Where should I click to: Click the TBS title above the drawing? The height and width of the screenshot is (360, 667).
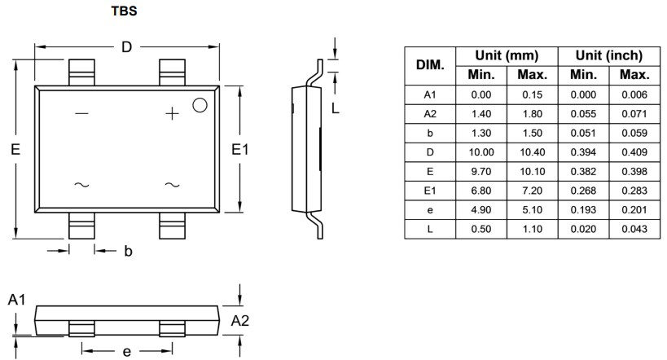click(125, 13)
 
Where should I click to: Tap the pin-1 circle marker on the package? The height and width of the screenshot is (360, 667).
click(200, 105)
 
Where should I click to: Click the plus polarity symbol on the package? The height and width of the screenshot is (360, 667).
click(172, 114)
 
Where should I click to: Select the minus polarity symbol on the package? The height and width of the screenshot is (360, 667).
click(81, 114)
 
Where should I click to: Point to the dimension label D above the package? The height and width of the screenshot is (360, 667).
click(126, 47)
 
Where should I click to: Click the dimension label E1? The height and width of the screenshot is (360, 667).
click(239, 149)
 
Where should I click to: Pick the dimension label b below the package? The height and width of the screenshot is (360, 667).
click(128, 252)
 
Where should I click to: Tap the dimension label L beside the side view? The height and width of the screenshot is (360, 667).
click(335, 107)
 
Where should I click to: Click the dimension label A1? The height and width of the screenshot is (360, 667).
click(17, 301)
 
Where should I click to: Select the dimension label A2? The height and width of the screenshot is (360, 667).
click(240, 320)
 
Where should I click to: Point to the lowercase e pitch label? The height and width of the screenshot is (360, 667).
click(126, 351)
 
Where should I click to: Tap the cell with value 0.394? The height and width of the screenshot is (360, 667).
click(582, 152)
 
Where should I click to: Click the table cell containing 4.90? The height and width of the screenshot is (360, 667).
click(481, 210)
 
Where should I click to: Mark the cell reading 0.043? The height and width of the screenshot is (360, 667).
click(634, 229)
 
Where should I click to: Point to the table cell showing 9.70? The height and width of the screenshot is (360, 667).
click(481, 172)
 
